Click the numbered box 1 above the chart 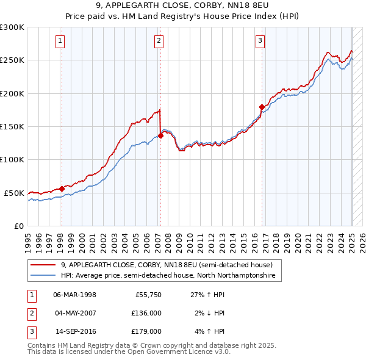(x=61, y=41)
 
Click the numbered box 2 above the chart (x=159, y=41)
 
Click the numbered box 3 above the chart (x=260, y=41)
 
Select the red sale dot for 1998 (x=62, y=189)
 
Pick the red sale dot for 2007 (x=160, y=136)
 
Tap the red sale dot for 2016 (x=262, y=107)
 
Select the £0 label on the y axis (x=18, y=226)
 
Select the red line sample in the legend (x=43, y=265)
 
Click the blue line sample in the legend (x=43, y=276)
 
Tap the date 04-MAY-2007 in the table (x=74, y=312)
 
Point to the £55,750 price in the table (x=149, y=294)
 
